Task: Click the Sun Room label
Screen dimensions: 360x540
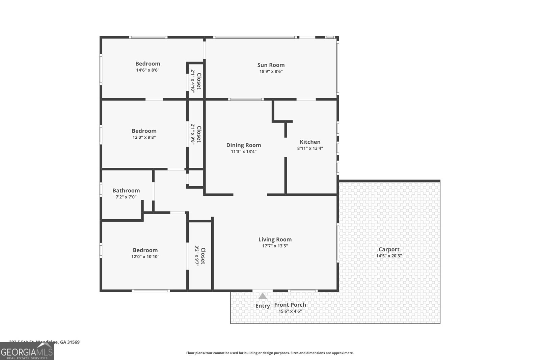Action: (271, 65)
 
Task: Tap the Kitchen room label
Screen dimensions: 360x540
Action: (310, 142)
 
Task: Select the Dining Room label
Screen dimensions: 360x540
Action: (243, 145)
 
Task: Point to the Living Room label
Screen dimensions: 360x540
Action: (275, 240)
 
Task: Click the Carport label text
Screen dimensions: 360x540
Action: (389, 249)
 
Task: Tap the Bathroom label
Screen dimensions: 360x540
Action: (126, 191)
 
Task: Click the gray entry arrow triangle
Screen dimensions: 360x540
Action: (263, 296)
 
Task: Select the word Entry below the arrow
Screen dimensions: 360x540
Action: (263, 306)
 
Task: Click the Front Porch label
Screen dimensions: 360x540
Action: (290, 305)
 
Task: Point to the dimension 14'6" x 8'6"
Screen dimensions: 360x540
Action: (147, 70)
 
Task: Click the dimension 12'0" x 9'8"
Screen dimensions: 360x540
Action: (144, 137)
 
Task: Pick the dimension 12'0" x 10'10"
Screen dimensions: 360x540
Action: (145, 256)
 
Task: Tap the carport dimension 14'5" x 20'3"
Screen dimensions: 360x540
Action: (389, 256)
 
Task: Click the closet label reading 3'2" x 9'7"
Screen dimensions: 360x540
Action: (197, 256)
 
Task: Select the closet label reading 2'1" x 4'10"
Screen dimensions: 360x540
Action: (193, 81)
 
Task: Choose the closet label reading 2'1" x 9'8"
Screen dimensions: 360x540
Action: (193, 134)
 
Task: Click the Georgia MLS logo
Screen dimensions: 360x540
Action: (27, 351)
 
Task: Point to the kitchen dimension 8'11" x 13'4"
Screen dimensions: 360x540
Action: (310, 148)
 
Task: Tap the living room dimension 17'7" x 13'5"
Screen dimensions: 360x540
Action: (275, 246)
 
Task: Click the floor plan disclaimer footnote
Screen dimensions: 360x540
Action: (270, 353)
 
